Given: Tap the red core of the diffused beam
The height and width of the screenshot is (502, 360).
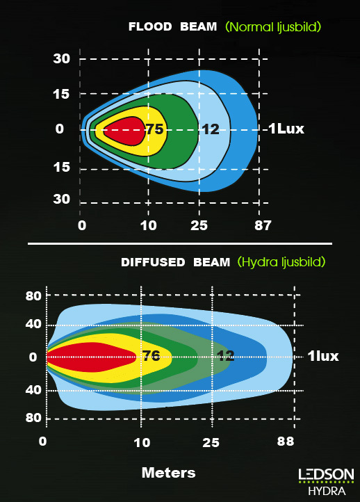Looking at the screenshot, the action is point(91,357).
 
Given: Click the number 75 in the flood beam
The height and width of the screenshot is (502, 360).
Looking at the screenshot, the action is point(155,129).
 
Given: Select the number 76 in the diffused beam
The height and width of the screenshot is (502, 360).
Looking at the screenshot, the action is point(152,355).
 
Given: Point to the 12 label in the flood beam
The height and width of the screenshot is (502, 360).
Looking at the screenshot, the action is point(211,129).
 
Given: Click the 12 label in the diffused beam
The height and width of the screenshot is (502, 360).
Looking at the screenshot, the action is point(226,356).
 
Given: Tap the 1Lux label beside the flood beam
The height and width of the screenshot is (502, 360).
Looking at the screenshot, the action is point(286,129).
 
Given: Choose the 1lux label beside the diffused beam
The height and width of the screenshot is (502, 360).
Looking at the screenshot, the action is point(323,356).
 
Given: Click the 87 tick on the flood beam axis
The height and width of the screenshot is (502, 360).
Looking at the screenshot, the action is point(263,225).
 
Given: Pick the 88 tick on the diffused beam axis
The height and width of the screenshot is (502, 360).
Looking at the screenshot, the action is point(286,442).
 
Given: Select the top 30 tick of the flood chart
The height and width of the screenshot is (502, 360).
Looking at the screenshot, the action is point(61,58).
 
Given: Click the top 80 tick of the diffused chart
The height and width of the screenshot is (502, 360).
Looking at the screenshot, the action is point(33,295).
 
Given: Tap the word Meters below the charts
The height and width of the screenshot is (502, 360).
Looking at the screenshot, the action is point(169,473).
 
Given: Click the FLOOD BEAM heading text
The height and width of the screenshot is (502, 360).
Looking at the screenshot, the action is point(173,26).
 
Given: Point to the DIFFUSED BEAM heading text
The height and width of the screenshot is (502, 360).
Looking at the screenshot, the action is point(175,262).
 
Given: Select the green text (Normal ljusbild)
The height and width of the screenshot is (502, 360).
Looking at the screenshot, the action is point(273,27).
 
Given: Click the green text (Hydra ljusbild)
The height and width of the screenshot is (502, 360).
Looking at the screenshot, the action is point(281,262).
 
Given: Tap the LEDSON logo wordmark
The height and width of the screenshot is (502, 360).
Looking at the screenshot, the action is point(326,474).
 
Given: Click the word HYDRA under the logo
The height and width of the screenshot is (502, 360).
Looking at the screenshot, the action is point(327,491).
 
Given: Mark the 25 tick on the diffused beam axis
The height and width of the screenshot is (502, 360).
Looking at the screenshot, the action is point(211,443).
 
